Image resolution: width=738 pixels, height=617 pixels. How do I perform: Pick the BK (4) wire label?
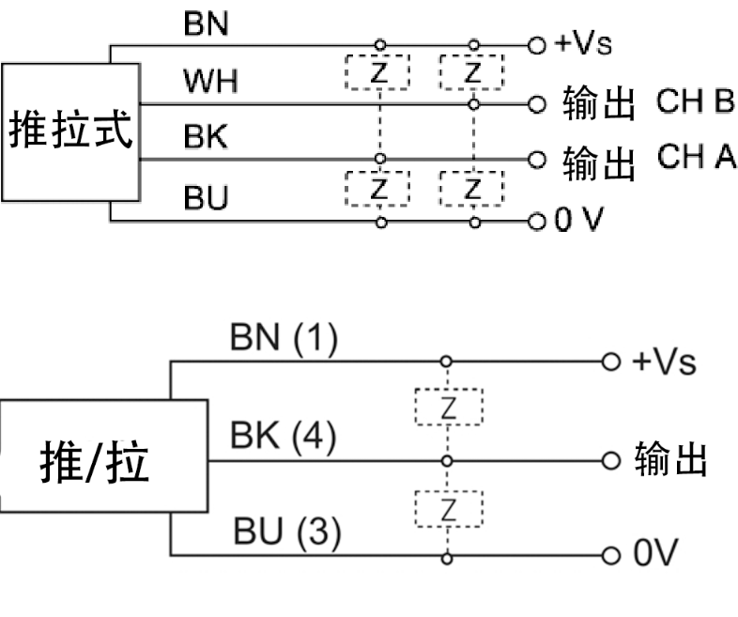283,438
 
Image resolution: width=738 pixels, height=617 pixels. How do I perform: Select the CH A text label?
696,158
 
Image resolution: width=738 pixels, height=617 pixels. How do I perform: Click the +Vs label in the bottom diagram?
664,362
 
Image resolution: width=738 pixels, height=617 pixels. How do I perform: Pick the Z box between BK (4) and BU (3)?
448,510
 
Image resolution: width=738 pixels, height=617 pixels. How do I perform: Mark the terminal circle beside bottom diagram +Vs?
611,361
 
